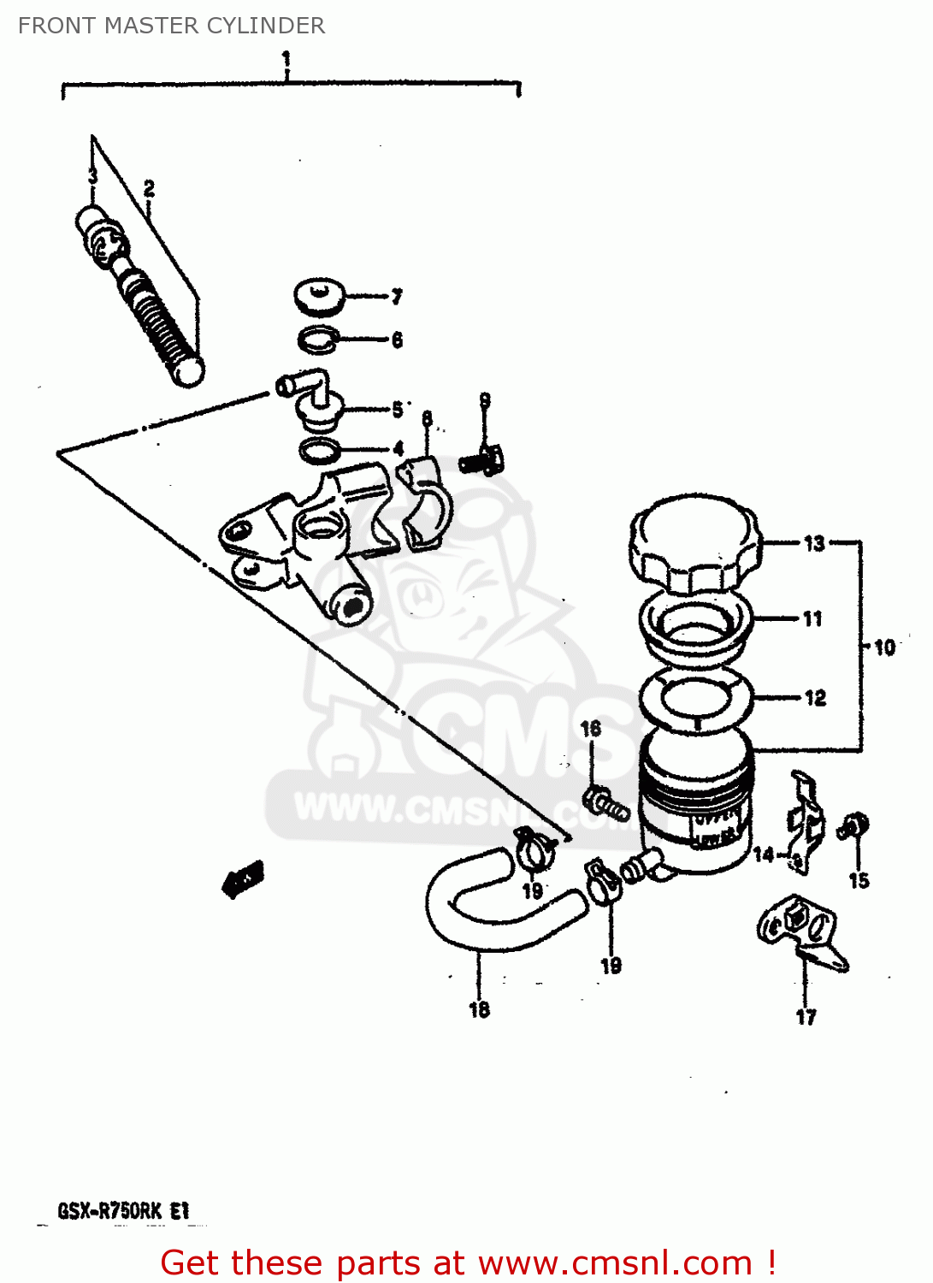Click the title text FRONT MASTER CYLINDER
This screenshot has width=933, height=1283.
click(171, 26)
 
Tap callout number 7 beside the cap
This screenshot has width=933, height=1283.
click(397, 297)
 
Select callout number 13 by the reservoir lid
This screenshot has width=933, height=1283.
click(814, 543)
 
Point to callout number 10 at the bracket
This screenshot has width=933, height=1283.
click(884, 647)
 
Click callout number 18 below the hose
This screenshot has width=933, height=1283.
click(479, 1010)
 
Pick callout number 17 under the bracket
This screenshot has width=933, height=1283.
click(806, 1017)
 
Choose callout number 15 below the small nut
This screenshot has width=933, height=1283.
click(859, 880)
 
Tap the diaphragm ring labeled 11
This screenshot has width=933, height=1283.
click(695, 629)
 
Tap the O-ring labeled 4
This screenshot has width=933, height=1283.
click(319, 449)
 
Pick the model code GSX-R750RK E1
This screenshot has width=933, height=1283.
click(123, 1211)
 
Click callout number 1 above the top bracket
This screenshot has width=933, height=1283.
click(286, 60)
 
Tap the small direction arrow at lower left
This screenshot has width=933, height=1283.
click(244, 879)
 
